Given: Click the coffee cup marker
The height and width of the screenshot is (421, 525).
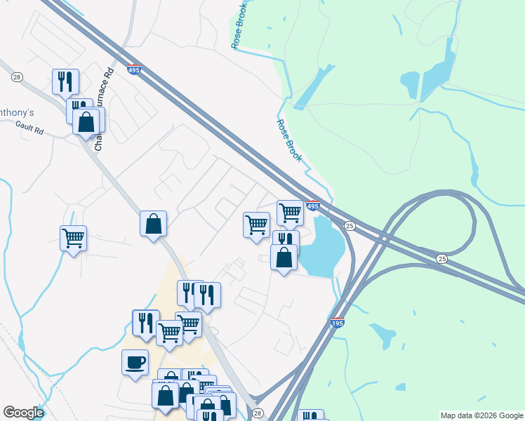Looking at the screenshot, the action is pyautogui.click(x=135, y=363).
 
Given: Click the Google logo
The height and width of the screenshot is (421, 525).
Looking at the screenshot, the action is pyautogui.click(x=23, y=413).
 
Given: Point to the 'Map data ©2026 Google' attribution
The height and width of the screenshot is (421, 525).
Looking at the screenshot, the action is pyautogui.click(x=482, y=415).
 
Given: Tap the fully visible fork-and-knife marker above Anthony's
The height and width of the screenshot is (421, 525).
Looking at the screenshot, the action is pyautogui.click(x=65, y=81).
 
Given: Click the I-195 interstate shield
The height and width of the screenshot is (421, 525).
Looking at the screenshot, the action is pyautogui.click(x=337, y=323).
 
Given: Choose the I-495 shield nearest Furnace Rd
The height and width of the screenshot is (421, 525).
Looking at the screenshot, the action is pyautogui.click(x=134, y=69).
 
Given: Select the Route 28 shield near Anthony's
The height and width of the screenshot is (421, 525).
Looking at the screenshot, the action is pyautogui.click(x=18, y=76).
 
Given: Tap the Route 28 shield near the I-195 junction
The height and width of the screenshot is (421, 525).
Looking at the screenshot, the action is pyautogui.click(x=258, y=413).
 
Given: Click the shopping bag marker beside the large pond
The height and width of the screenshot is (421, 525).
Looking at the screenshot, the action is pyautogui.click(x=284, y=258).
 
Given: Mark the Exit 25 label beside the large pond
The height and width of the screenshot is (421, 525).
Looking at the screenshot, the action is pyautogui.click(x=350, y=226).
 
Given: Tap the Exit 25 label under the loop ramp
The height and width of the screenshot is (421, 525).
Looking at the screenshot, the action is pyautogui.click(x=441, y=259).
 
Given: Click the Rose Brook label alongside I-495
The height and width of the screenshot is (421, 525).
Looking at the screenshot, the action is pyautogui.click(x=288, y=140).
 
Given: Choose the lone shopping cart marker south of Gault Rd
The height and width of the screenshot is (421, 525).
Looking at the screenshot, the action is pyautogui.click(x=73, y=239).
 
